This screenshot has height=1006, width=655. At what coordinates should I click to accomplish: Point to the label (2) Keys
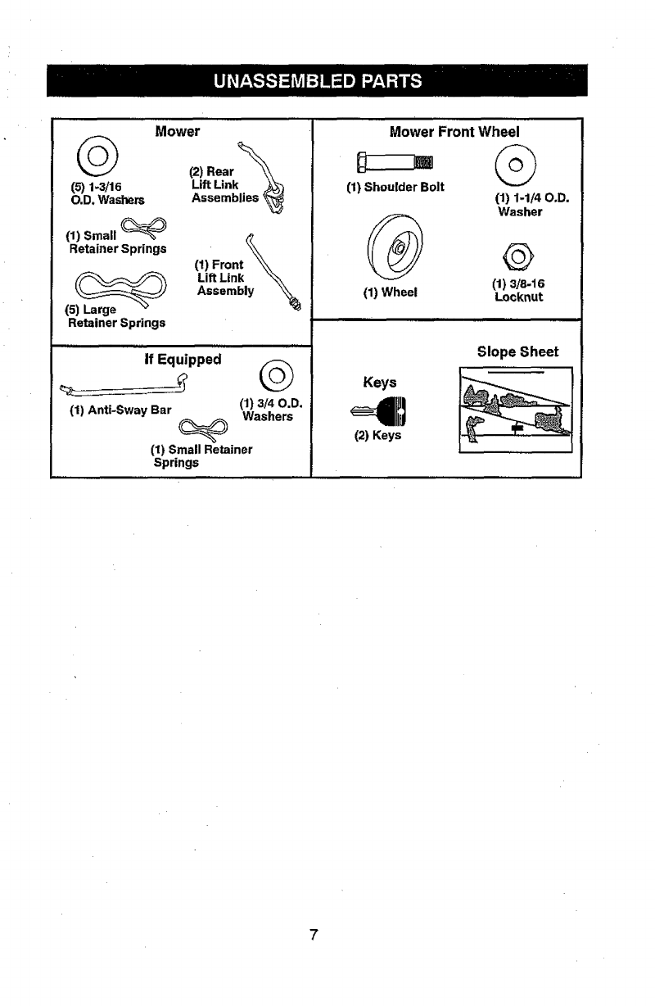pos(377,435)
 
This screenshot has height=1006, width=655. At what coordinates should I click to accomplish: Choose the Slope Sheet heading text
pos(517,351)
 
